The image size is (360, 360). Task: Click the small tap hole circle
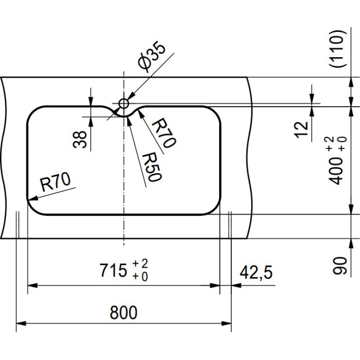[124, 103]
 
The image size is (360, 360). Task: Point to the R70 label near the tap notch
[162, 134]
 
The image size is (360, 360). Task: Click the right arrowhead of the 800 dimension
[228, 323]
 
